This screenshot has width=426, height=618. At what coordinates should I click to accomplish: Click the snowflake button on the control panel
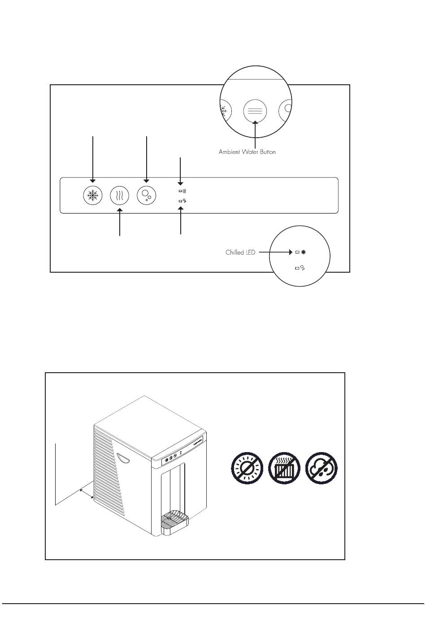tap(93, 196)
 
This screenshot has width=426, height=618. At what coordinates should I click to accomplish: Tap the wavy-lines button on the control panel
tap(119, 196)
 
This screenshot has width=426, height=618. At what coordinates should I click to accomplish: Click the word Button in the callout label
tap(267, 152)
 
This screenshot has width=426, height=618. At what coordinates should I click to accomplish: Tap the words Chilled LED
tap(240, 252)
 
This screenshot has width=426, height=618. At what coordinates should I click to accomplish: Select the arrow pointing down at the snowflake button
tap(93, 159)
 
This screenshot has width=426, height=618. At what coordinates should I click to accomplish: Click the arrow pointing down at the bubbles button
tap(147, 159)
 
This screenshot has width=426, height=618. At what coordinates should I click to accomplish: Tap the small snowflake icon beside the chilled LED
tap(304, 252)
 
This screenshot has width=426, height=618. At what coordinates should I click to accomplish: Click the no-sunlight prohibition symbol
tap(247, 468)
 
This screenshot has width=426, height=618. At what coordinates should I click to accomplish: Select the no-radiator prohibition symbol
tap(284, 468)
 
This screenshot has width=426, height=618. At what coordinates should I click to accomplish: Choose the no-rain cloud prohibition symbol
tap(321, 468)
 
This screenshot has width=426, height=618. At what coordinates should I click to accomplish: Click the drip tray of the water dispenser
tap(174, 521)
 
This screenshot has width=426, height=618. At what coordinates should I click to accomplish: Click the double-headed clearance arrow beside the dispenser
tap(86, 494)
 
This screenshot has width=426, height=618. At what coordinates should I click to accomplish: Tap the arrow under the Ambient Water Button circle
tap(255, 134)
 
